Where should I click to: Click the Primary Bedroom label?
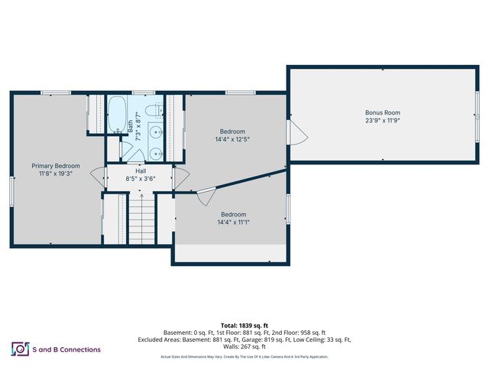click(56, 165)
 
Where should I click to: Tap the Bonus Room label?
click(383, 112)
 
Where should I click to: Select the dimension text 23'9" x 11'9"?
click(383, 121)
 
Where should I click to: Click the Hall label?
click(140, 171)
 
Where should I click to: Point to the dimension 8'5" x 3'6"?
click(140, 179)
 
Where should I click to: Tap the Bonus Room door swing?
click(299, 135)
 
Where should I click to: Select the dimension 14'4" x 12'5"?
click(233, 139)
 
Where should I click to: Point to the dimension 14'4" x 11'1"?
click(234, 222)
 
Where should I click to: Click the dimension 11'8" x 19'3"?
click(56, 174)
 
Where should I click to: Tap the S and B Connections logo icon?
click(19, 349)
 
